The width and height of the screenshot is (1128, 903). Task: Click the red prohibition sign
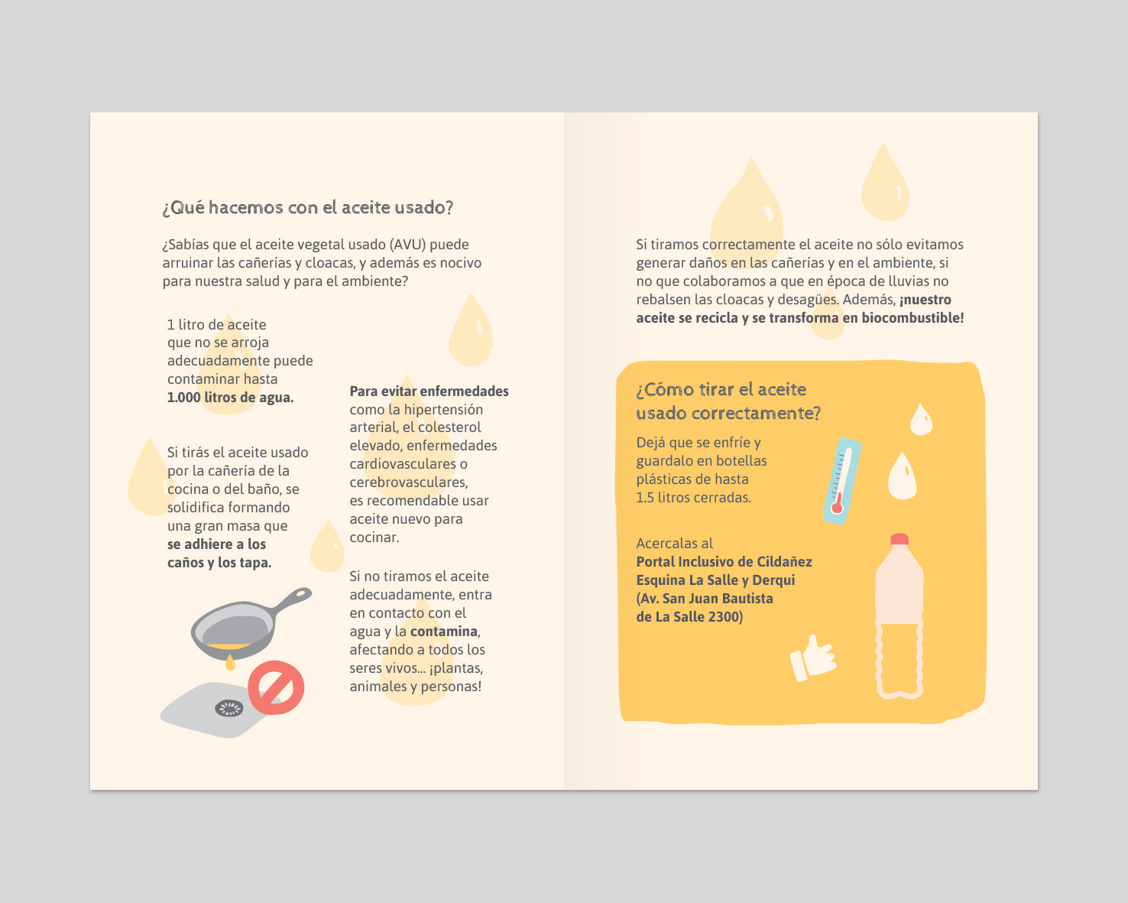276,687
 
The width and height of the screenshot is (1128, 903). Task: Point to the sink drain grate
229,709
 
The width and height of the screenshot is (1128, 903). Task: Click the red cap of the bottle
899,539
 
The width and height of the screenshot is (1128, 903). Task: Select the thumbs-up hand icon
813,658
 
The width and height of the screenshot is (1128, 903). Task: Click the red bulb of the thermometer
837,507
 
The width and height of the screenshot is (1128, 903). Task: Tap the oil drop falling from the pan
230,663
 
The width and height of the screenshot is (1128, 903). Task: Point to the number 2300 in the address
724,617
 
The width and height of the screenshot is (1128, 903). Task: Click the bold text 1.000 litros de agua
230,398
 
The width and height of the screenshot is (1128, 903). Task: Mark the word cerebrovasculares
409,482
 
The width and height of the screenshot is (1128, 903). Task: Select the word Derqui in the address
773,580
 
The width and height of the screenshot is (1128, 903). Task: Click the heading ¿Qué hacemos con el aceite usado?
308,208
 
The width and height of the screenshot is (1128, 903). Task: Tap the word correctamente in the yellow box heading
756,413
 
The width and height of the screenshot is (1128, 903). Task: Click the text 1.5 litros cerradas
693,498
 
